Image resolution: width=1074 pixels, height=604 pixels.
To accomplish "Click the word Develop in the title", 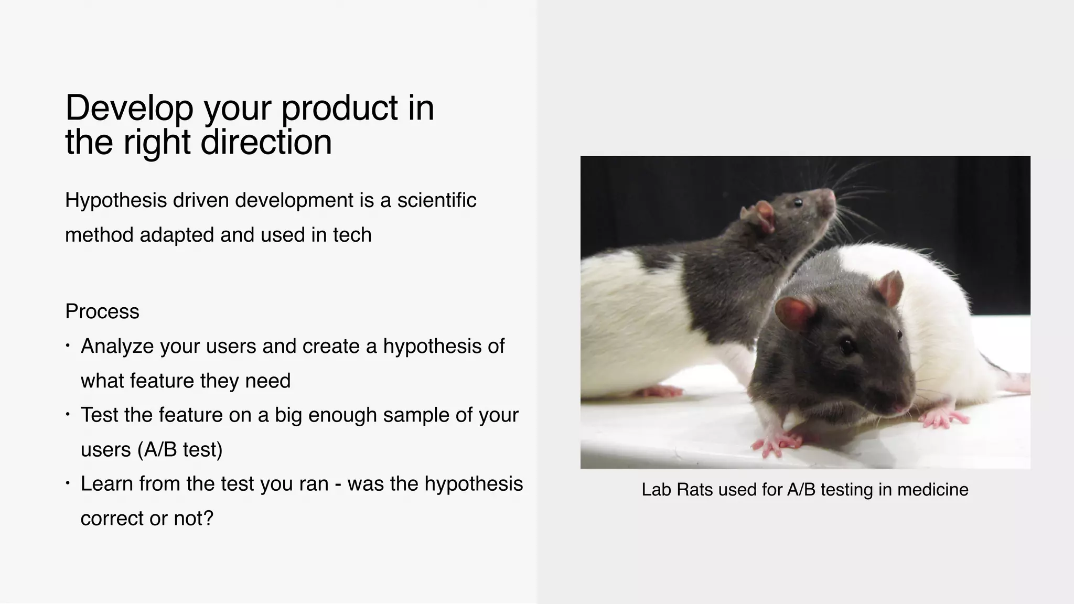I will coord(129,108).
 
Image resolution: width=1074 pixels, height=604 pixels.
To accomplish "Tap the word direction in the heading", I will coord(266,142).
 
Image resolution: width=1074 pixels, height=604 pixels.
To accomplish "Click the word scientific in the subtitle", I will coord(436,200).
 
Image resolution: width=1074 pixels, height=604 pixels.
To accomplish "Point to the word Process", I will coord(102,311).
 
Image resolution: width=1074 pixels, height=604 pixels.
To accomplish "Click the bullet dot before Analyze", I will coord(68,346).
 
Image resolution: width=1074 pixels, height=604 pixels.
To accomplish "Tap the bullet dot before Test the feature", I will coord(68,415).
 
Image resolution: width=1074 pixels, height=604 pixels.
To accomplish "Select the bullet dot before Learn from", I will coord(68,483).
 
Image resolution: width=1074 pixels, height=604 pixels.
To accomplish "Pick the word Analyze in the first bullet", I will coord(117,346).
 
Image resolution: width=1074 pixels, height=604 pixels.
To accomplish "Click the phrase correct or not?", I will coord(147,518).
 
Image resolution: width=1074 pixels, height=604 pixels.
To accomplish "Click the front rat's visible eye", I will coord(846,346).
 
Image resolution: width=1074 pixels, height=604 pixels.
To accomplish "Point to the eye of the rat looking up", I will coord(798,202).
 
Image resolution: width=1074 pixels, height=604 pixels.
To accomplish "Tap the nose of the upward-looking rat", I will coord(831,195).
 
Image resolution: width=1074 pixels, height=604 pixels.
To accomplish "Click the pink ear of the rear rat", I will coord(762,215).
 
